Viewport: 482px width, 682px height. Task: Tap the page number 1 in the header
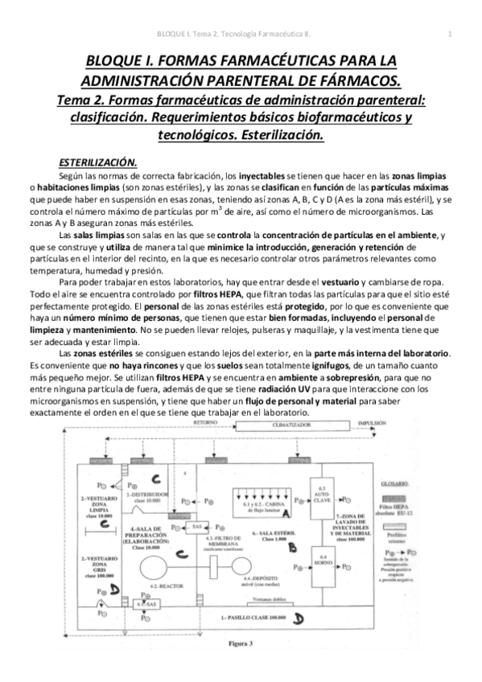pyautogui.click(x=448, y=33)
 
